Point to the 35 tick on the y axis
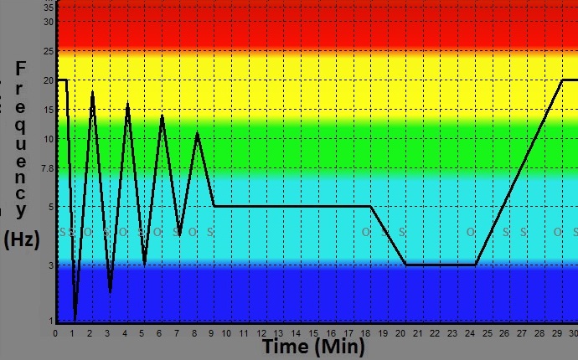tap(48, 7)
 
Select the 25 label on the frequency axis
tap(48, 51)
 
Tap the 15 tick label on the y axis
tap(48, 110)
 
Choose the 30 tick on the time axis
tap(574, 332)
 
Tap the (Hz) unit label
tap(22, 239)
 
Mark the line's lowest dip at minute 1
tap(75, 320)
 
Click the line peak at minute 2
tap(92, 92)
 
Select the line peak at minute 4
tap(127, 104)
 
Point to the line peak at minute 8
tap(197, 133)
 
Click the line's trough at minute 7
tap(179, 234)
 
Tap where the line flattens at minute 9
tap(214, 206)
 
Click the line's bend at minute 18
tap(370, 206)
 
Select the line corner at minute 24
tap(475, 265)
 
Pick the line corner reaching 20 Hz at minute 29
tap(562, 80)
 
